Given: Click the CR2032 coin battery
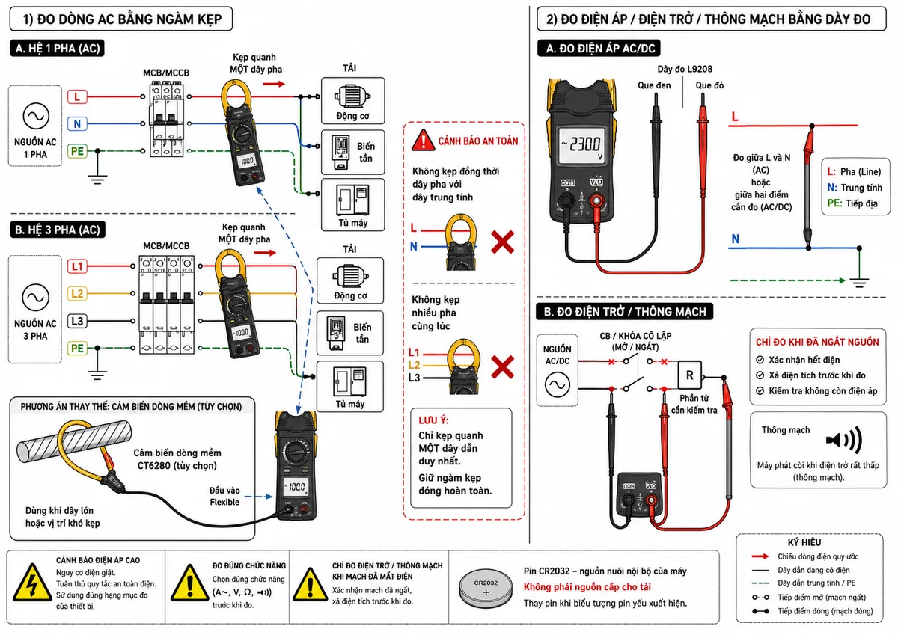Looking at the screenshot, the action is (x=486, y=589).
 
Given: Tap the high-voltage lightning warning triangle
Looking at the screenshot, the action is (x=32, y=583).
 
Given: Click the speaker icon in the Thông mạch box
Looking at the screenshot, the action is (x=844, y=440).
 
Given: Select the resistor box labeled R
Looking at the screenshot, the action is (x=689, y=375).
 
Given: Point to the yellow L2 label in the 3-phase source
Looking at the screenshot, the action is (x=77, y=294).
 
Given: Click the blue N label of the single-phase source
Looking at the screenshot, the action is (x=77, y=124).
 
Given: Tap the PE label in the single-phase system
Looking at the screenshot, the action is (x=77, y=151).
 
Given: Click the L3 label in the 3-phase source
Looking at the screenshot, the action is (x=77, y=321).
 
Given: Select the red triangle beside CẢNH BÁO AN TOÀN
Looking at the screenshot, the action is (x=423, y=140).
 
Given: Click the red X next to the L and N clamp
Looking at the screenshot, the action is (x=502, y=242).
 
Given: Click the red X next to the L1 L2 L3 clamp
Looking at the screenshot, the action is (x=502, y=366).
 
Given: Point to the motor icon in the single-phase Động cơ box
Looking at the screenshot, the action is (x=352, y=96).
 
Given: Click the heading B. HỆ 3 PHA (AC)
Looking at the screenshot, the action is (x=58, y=230).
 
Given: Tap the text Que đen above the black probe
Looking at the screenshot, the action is (x=654, y=85).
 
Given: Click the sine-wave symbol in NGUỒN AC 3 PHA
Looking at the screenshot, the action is (x=36, y=297).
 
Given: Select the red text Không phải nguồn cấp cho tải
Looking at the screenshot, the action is (x=587, y=587).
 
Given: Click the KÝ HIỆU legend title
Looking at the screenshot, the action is (x=804, y=542).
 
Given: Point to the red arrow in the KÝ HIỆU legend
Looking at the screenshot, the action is (x=760, y=556).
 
